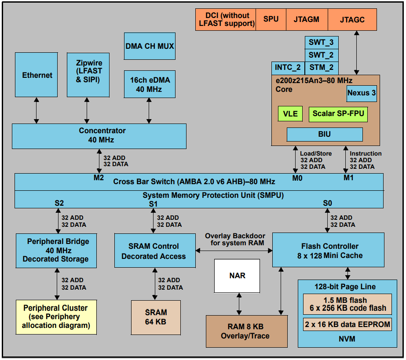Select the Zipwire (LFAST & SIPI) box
(x=87, y=75)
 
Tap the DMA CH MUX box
(x=150, y=46)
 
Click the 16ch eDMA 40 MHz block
(x=150, y=84)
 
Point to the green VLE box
(x=290, y=114)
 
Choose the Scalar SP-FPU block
(x=338, y=114)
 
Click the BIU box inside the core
(x=325, y=135)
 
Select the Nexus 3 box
(x=362, y=93)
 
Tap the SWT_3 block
(x=321, y=43)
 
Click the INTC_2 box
(x=288, y=68)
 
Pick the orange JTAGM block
(x=306, y=19)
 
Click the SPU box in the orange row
(x=271, y=19)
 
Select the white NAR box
(x=237, y=276)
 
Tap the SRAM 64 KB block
(x=156, y=317)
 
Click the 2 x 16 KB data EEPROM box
(x=347, y=325)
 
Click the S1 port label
(x=153, y=204)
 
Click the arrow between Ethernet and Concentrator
(x=37, y=110)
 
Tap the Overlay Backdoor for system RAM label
(x=235, y=240)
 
